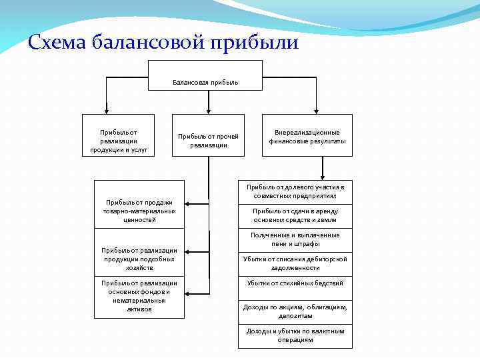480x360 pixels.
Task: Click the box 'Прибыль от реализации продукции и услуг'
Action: coord(119,141)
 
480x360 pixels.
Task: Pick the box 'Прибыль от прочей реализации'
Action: coord(208,141)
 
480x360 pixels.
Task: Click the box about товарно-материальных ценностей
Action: coord(139,211)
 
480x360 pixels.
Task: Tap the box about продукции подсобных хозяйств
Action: coord(139,259)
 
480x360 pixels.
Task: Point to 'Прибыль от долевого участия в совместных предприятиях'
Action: coord(294,191)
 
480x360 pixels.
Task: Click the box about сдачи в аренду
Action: coord(294,215)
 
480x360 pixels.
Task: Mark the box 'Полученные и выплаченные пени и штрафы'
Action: coord(294,239)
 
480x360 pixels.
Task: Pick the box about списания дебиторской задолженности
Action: coord(294,263)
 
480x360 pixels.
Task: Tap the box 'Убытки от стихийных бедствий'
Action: coord(294,283)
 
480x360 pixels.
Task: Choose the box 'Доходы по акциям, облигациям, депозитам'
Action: coord(294,311)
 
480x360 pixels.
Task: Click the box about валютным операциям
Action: coord(294,335)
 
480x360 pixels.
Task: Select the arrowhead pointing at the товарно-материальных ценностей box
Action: coord(187,203)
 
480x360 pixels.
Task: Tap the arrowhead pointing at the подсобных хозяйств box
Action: coord(187,251)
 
